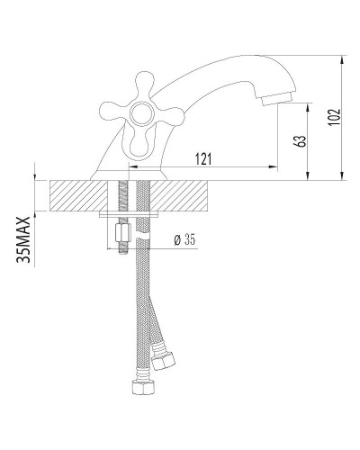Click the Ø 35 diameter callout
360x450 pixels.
tap(183, 239)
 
